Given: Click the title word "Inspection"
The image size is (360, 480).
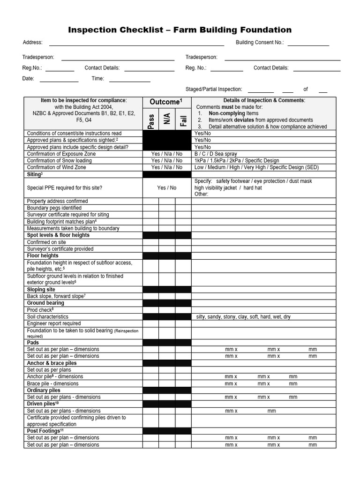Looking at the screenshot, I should pos(92,30).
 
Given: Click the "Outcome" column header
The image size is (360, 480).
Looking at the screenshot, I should pos(165,102).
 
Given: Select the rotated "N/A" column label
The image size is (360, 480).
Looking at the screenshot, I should pos(167,119).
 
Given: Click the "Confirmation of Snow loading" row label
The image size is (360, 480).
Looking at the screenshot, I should pos(60,161).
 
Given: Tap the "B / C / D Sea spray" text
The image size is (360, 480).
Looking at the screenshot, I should pos(216,154).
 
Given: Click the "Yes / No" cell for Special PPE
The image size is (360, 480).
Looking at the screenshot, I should pos(167,188).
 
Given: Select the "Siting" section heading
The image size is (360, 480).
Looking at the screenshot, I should pos(35,174).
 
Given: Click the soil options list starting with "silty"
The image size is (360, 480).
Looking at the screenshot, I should pos(243,317).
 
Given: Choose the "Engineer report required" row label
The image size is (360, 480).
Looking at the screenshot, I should pos(54,323).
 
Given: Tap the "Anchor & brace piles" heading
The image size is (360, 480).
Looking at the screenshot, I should pos(52,363).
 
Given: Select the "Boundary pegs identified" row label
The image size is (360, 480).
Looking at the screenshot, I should pos(54,208).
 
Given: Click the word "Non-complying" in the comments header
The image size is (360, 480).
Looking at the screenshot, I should pos(227,113).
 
